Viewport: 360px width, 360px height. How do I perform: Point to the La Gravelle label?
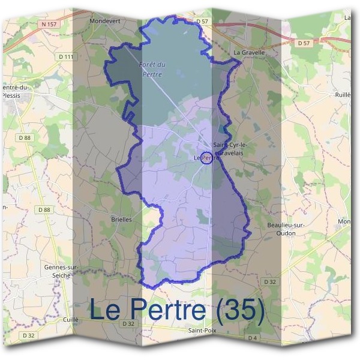tap(249, 52)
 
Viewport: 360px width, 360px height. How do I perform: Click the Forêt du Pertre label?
tap(152, 69)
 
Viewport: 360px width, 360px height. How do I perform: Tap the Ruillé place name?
tap(343, 95)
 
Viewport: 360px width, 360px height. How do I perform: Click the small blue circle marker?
tap(206, 157)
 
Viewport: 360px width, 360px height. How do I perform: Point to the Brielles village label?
tap(122, 220)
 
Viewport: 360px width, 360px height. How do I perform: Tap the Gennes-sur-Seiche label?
tap(58, 271)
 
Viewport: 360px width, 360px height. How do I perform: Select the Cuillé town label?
tap(71, 320)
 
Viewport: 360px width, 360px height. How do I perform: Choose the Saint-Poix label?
tap(202, 331)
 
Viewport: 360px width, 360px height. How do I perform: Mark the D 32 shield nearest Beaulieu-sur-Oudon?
tap(270, 281)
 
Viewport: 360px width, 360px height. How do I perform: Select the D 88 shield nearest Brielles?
tap(44, 209)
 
